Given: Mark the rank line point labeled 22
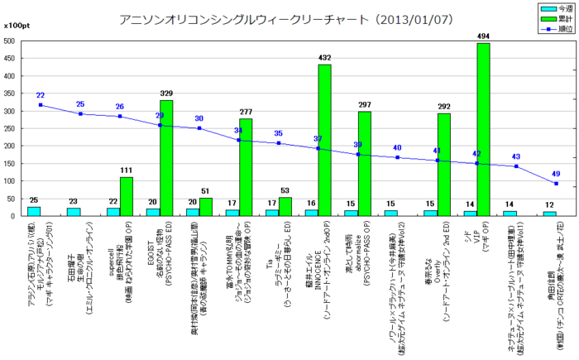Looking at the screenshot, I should [41, 105].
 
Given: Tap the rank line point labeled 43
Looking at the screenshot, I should [516, 166].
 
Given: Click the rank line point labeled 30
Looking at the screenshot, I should [199, 128].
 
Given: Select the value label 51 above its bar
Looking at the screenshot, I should [206, 192].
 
